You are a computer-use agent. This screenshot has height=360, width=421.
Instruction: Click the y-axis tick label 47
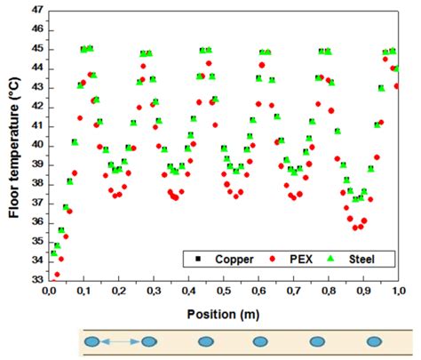point(36,10)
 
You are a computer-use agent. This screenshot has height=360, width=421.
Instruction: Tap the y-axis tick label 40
point(36,145)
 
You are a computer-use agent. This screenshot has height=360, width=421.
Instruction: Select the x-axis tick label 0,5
point(224,291)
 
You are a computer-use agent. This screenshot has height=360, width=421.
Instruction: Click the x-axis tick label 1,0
point(398,291)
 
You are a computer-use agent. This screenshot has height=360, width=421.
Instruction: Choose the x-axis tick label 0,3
point(155,291)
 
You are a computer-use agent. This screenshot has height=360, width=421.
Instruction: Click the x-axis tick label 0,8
point(329,291)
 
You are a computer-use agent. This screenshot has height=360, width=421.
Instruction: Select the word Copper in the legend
point(233,260)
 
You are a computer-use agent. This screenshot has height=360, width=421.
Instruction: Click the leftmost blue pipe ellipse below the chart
point(91,340)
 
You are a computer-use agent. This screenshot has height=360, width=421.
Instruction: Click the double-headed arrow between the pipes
point(120,340)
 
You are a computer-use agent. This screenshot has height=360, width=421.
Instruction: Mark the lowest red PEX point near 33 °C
point(57,275)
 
